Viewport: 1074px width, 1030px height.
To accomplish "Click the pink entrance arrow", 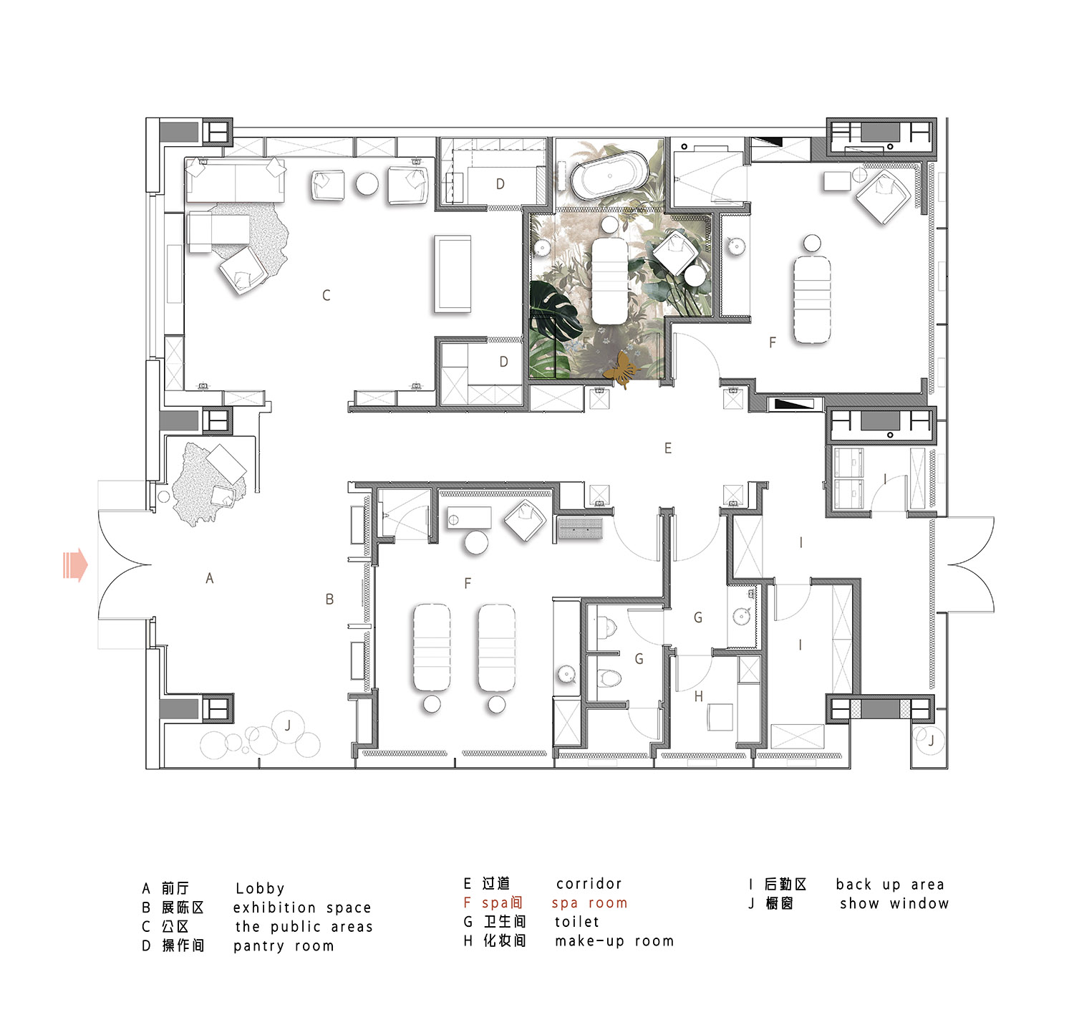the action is tap(75, 564).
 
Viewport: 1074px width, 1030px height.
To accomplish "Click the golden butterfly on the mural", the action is tap(620, 370).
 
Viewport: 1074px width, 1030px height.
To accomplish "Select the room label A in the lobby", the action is tap(210, 578).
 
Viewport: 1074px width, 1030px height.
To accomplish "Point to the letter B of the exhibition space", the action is tap(329, 599).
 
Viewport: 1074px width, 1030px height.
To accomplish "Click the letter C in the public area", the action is tap(326, 295).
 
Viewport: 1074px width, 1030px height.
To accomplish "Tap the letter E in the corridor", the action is tap(668, 448).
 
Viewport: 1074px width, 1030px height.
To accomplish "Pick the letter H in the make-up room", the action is tap(699, 696).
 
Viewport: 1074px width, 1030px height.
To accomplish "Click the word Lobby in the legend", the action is tap(260, 888).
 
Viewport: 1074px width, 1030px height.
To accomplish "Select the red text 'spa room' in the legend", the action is tap(589, 903).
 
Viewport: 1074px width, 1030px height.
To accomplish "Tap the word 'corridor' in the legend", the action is tap(589, 884).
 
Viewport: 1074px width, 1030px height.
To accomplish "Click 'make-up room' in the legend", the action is tap(614, 941).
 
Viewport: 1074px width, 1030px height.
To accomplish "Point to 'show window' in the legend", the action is tap(894, 903).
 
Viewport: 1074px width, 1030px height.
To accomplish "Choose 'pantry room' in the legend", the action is tap(284, 945).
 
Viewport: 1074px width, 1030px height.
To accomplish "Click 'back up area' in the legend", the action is tap(890, 885).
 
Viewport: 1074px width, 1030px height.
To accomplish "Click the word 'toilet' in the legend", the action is tap(577, 922).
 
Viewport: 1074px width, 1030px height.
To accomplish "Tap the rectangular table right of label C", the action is tap(453, 274).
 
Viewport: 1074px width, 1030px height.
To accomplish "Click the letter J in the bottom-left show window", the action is tap(288, 726).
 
